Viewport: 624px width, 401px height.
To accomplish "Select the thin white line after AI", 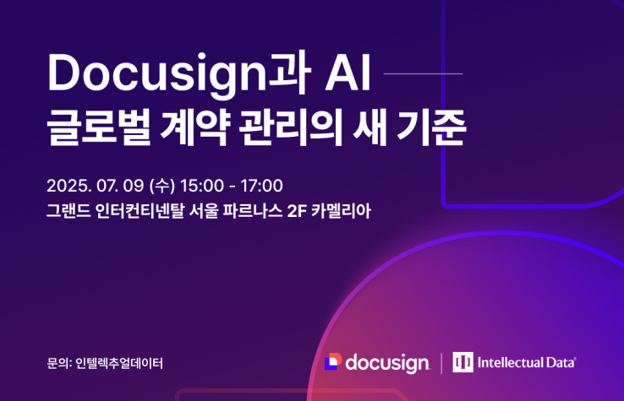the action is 423,73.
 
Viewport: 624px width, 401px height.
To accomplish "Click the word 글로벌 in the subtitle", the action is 99,127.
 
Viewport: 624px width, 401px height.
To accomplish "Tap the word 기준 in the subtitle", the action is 431,127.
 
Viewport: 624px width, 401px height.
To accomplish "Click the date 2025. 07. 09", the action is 95,186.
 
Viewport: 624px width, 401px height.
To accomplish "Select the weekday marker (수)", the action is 162,186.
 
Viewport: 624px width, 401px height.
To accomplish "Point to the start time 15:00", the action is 202,186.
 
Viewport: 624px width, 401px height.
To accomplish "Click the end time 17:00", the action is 261,186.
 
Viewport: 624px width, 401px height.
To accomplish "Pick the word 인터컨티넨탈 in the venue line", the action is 140,211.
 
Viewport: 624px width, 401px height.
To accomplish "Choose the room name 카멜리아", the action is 341,211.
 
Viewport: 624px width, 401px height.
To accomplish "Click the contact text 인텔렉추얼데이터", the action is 119,363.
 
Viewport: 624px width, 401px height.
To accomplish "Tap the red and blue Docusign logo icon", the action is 333,361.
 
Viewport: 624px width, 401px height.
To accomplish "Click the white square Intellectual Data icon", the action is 463,362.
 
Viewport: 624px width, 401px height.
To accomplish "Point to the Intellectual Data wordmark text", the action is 527,362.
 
